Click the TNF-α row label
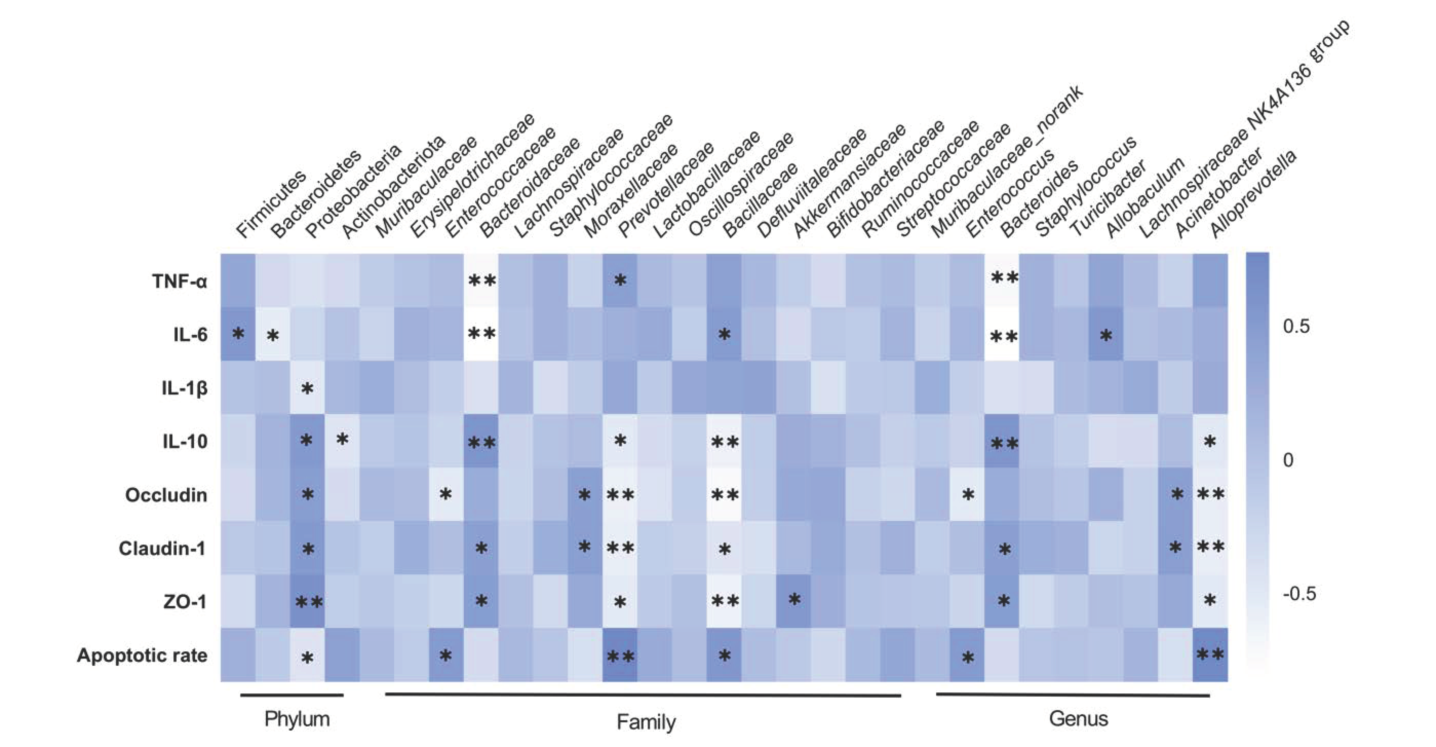click(179, 281)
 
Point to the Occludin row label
click(166, 495)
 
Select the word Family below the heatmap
click(646, 722)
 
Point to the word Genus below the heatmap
click(1078, 719)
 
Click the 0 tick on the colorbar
click(1288, 460)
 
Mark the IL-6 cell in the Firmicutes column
click(238, 334)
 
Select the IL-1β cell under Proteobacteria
click(307, 388)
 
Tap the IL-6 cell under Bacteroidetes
click(273, 334)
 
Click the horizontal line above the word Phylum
click(292, 695)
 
